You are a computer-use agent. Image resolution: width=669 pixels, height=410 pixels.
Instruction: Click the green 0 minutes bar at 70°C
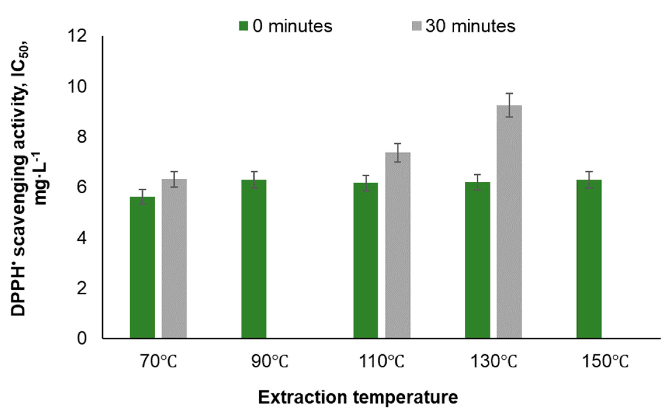[x=142, y=267]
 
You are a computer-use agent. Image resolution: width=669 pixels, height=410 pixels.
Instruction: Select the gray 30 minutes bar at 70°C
[x=174, y=258]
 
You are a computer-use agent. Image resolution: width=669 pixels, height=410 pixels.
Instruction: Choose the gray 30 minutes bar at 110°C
[x=397, y=245]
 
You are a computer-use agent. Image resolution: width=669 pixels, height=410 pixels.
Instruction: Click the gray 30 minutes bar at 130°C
[x=509, y=222]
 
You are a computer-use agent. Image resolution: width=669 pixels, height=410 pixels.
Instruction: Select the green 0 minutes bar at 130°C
[x=477, y=260]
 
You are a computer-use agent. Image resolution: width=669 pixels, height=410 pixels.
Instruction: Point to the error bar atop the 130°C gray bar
[x=509, y=105]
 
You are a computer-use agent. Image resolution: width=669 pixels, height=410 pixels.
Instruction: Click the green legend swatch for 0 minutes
[x=243, y=26]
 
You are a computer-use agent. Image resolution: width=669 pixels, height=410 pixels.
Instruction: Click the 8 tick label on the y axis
[x=82, y=137]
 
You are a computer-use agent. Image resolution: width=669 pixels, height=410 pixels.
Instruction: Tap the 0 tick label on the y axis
[x=82, y=339]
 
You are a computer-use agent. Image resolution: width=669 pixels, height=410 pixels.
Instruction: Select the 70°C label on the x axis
[x=158, y=362]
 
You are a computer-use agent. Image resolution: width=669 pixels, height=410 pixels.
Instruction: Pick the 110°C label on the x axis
[x=381, y=362]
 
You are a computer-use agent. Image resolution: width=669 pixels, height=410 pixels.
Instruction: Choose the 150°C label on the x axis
[x=605, y=362]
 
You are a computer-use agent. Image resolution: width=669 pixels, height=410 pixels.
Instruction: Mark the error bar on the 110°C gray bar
[x=397, y=153]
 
